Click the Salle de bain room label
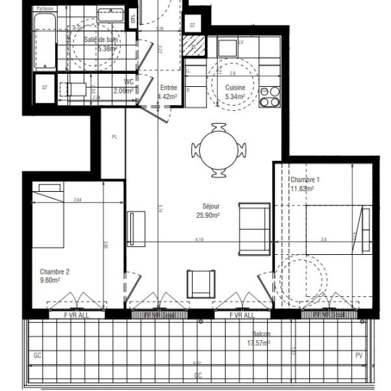click(x=100, y=44)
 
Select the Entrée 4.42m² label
click(x=168, y=91)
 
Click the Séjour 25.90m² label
click(x=208, y=210)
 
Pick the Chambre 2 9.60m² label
click(x=54, y=275)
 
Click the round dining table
click(x=219, y=150)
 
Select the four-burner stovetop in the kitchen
click(x=269, y=97)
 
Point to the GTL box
click(x=133, y=18)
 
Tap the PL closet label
click(x=114, y=136)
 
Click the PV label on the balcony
click(x=358, y=356)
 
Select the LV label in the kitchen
click(x=240, y=42)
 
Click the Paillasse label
click(x=45, y=9)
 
